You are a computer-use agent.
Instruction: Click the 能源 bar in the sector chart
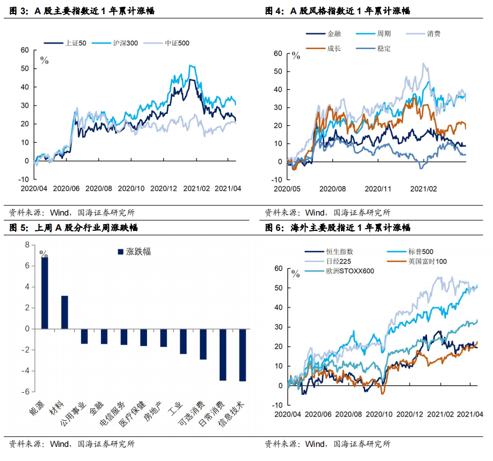click(45, 293)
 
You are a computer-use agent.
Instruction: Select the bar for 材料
click(64, 312)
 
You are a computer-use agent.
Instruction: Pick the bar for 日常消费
click(223, 354)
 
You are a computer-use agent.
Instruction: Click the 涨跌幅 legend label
click(139, 252)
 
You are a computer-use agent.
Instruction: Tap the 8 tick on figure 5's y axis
click(26, 245)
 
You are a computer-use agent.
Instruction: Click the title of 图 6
click(337, 228)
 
